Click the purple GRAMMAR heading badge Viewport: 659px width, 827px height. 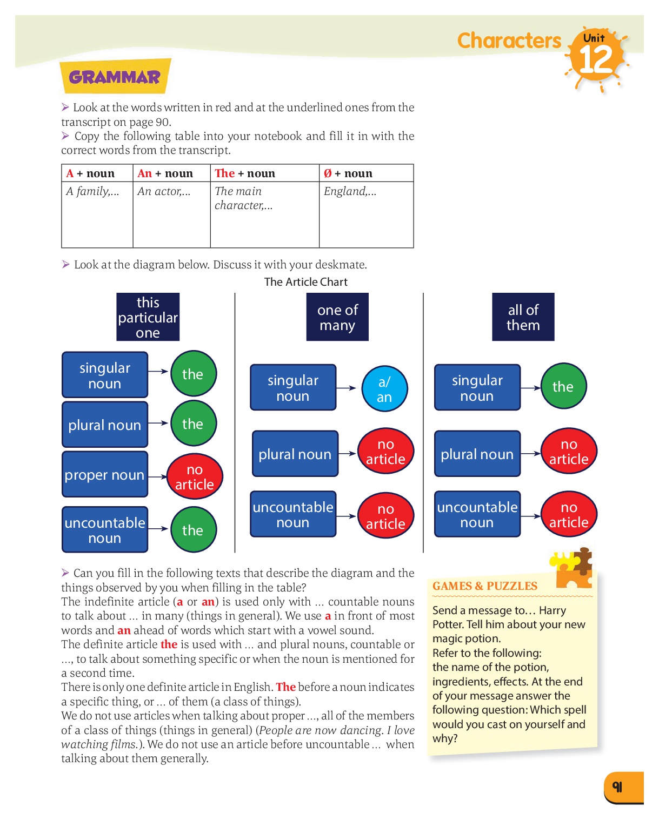click(x=115, y=77)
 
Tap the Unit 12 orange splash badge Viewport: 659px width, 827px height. click(x=596, y=57)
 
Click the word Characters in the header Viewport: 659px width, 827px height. click(x=509, y=41)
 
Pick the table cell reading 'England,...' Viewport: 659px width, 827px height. click(x=366, y=214)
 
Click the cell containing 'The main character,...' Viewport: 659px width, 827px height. click(x=264, y=214)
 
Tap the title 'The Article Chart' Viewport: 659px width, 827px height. click(x=305, y=282)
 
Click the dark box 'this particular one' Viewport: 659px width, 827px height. click(x=148, y=317)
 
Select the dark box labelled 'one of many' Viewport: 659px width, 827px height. click(x=337, y=317)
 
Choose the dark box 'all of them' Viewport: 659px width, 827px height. click(x=523, y=317)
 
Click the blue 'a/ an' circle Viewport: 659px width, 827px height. click(x=384, y=389)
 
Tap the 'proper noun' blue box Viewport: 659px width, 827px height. click(x=105, y=475)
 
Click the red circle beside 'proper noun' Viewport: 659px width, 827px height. click(x=195, y=476)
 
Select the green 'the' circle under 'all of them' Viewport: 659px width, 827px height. click(x=563, y=386)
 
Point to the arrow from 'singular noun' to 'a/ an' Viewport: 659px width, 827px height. click(x=346, y=388)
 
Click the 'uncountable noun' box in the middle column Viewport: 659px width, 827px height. click(x=293, y=514)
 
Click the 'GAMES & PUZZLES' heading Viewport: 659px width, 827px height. click(x=485, y=586)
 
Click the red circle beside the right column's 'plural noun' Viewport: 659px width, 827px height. click(x=569, y=452)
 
